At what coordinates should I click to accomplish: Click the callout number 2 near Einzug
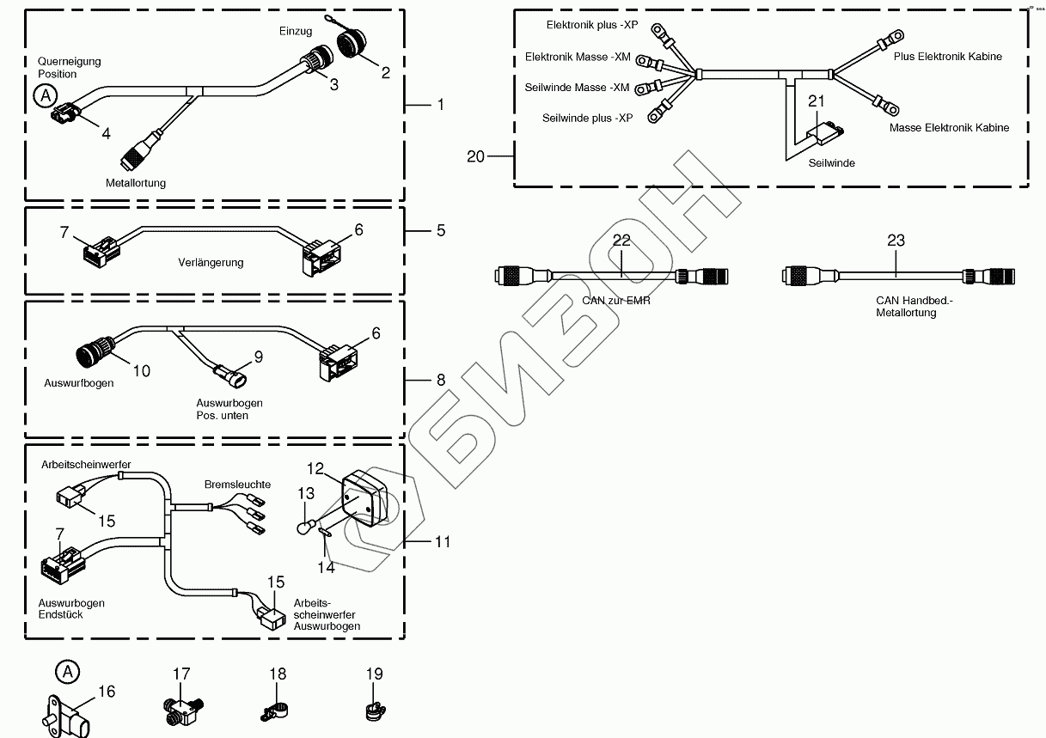(x=386, y=73)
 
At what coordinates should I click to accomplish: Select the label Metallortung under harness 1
(x=136, y=182)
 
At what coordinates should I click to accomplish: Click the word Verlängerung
(x=211, y=263)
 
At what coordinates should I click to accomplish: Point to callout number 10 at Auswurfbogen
(x=141, y=370)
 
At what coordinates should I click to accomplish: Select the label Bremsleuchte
(x=237, y=485)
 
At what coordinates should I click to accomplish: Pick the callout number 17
(x=181, y=674)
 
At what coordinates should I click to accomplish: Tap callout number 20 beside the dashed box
(x=475, y=156)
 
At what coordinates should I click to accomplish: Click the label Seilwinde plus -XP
(x=587, y=118)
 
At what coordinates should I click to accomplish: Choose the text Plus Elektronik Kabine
(x=947, y=57)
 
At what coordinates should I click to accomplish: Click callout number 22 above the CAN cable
(x=621, y=241)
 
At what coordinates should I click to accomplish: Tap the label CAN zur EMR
(x=616, y=301)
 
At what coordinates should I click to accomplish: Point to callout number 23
(x=896, y=241)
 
